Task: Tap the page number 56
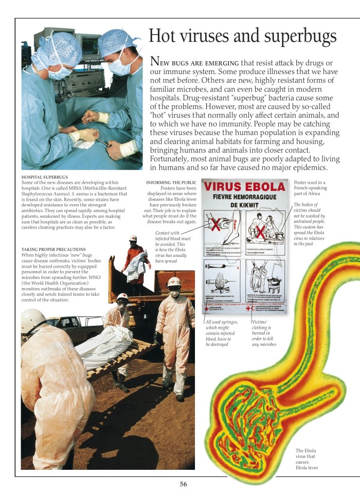184,483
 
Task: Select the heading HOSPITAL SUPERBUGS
45,177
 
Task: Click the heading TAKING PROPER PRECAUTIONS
53,249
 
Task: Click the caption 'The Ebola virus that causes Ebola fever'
307,459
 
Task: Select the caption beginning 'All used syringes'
222,332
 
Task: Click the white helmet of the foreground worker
33,321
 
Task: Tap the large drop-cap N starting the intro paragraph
154,62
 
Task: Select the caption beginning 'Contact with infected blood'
173,246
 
